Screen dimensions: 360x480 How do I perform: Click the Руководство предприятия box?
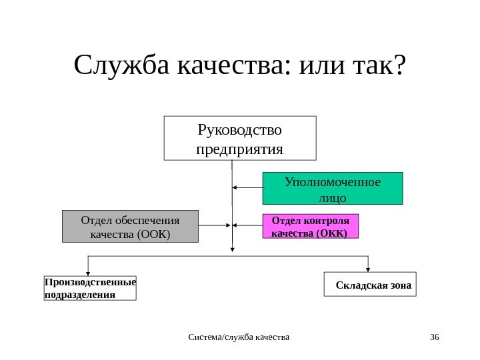240,138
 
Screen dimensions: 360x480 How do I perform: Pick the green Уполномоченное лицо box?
333,189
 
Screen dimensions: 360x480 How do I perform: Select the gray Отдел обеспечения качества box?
131,227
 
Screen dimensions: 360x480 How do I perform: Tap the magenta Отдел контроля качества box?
311,227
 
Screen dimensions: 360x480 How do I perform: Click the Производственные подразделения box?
90,287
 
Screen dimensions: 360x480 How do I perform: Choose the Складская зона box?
370,284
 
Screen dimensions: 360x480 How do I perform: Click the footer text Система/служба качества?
240,338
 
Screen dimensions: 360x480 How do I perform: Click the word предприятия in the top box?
240,147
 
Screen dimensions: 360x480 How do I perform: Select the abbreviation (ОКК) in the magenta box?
331,233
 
